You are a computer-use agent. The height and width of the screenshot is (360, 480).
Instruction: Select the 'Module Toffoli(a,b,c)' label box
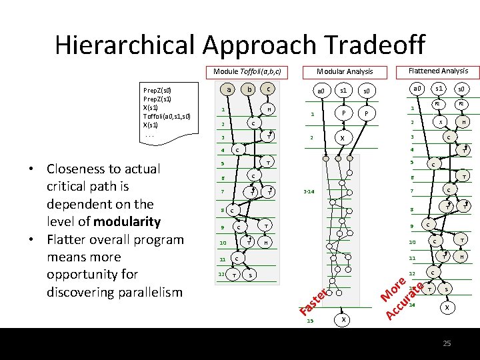click(x=247, y=71)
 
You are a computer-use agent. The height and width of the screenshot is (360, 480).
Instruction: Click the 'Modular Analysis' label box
click(x=345, y=71)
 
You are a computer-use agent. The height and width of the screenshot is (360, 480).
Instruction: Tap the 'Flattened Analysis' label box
click(x=437, y=71)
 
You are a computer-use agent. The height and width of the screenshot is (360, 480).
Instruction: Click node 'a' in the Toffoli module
click(x=229, y=89)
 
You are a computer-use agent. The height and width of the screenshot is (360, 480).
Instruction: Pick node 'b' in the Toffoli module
click(x=249, y=89)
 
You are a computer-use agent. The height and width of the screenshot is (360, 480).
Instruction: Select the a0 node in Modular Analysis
click(x=321, y=90)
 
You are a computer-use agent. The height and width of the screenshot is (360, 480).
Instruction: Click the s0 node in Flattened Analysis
click(x=461, y=89)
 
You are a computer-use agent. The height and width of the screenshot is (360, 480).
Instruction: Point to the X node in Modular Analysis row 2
click(x=343, y=138)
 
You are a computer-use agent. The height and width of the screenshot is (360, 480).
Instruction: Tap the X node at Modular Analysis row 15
click(x=343, y=320)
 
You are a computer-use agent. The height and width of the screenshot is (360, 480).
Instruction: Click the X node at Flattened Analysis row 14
click(x=446, y=307)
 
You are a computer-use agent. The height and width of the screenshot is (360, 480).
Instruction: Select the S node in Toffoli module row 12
click(x=249, y=275)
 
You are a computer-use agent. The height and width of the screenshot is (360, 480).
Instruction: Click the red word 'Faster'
click(x=314, y=301)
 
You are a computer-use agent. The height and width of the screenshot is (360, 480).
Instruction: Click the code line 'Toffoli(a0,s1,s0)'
click(x=167, y=116)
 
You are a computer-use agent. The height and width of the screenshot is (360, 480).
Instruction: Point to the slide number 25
click(x=447, y=343)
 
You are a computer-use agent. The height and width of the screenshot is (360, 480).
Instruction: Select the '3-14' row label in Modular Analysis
click(x=309, y=191)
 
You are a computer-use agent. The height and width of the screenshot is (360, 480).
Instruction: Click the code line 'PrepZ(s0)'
click(x=157, y=90)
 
